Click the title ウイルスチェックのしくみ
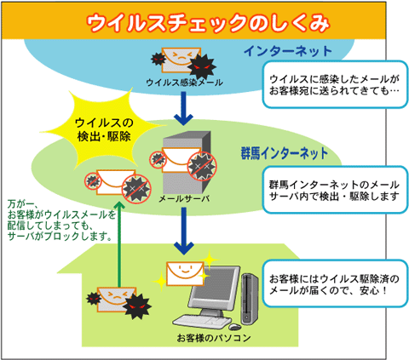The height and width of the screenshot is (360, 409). click(208, 23)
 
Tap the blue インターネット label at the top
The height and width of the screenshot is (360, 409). click(288, 51)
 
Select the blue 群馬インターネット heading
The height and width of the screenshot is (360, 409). click(285, 153)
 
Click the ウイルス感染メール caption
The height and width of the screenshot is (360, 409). click(184, 83)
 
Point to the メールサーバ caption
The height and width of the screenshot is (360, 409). click(184, 198)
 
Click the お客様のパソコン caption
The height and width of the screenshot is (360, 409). click(214, 338)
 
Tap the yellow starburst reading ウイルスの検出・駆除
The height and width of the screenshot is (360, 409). click(104, 129)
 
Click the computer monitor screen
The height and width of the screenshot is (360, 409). click(215, 287)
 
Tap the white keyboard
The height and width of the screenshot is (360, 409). click(202, 322)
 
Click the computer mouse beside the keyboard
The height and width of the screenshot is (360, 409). click(235, 327)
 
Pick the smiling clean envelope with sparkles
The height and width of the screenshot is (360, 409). click(185, 273)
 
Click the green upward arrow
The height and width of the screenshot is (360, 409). click(119, 244)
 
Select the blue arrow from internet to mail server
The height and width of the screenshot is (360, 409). click(184, 108)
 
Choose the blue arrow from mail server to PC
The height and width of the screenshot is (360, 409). click(184, 231)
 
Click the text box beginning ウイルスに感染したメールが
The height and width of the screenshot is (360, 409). click(335, 84)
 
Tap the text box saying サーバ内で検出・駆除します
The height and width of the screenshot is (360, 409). click(335, 190)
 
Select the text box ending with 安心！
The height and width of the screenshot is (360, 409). click(335, 283)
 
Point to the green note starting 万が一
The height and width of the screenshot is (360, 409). click(61, 220)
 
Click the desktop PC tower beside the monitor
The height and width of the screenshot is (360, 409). click(250, 299)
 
